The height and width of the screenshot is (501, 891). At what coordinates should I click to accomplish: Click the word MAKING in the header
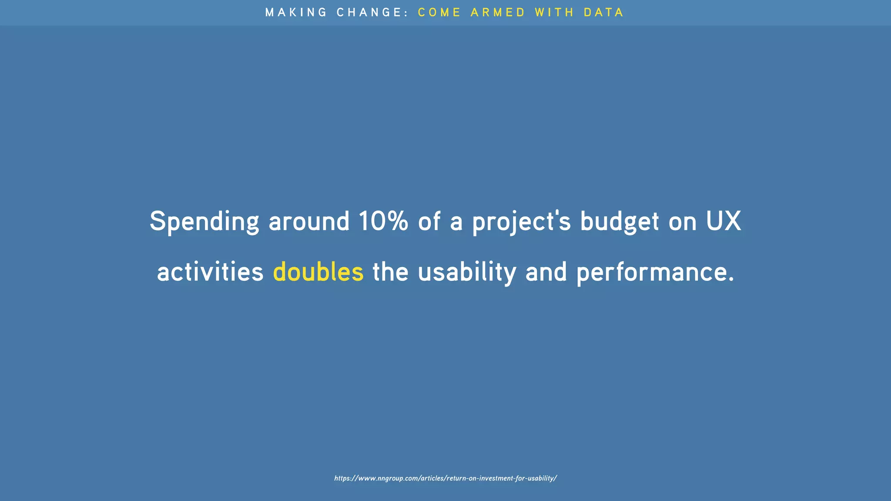point(296,12)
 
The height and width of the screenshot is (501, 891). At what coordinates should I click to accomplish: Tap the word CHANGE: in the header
point(372,12)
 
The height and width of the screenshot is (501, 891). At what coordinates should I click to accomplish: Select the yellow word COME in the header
point(439,12)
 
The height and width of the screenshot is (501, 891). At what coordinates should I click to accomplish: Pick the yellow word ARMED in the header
point(498,12)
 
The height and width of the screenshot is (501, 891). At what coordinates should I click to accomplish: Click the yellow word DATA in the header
point(603,12)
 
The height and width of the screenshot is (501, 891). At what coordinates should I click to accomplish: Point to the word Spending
point(204,222)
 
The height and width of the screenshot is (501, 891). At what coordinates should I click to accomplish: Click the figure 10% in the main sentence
point(383,221)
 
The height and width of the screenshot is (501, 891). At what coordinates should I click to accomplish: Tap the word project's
point(521,222)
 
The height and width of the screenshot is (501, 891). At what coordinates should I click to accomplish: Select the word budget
point(620,222)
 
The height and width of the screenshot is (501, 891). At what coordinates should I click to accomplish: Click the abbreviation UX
point(724,221)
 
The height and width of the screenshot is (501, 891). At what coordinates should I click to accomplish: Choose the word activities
point(210,272)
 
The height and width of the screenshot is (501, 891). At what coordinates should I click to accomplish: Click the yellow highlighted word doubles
point(318,272)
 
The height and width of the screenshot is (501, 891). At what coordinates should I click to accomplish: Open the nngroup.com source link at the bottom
point(445,478)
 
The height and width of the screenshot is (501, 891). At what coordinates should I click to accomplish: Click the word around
point(309,222)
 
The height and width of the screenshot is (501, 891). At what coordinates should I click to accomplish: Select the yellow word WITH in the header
point(554,12)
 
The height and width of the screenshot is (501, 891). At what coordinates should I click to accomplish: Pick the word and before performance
point(546,272)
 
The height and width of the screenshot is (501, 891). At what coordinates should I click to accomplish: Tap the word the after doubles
point(390,272)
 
